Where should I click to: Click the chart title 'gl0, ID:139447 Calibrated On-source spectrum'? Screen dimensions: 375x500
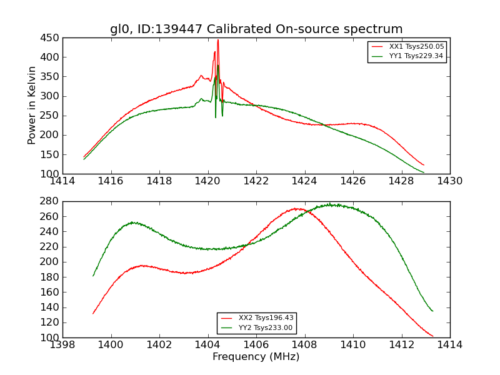click(x=256, y=29)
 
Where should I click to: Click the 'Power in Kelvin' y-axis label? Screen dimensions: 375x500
click(x=32, y=106)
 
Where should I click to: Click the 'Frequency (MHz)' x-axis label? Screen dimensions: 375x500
click(x=256, y=357)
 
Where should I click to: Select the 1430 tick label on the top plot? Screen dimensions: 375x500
click(x=450, y=181)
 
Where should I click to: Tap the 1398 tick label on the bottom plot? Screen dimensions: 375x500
click(x=62, y=345)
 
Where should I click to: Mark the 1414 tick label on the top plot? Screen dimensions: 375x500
click(x=62, y=181)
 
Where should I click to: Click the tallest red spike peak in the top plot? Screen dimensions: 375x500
click(x=217, y=40)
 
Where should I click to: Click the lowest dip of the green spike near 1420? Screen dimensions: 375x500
click(x=216, y=117)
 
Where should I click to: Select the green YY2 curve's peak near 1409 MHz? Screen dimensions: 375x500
click(x=331, y=204)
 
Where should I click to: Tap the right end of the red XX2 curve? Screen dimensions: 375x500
click(x=432, y=336)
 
